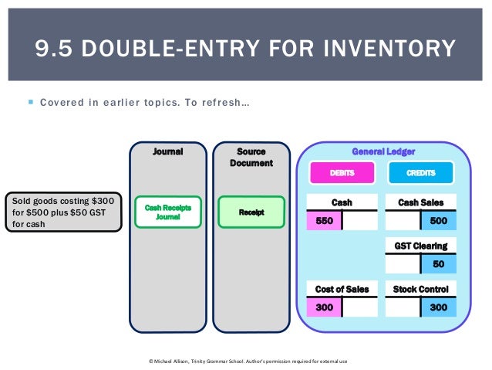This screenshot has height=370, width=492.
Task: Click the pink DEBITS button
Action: pyautogui.click(x=342, y=173)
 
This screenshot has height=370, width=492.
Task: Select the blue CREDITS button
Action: pyautogui.click(x=421, y=173)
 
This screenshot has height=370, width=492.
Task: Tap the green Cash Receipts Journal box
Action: pyautogui.click(x=167, y=212)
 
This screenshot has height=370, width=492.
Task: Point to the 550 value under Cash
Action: pyautogui.click(x=324, y=221)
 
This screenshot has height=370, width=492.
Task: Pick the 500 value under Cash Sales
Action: pyautogui.click(x=438, y=221)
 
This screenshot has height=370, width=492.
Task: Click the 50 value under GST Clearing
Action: pyautogui.click(x=438, y=264)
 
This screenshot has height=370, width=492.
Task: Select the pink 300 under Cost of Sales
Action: pyautogui.click(x=324, y=307)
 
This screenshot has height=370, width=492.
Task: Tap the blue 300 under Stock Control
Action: pyautogui.click(x=438, y=307)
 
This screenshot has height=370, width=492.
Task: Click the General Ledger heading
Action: pyautogui.click(x=382, y=151)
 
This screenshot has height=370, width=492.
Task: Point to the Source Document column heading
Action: pyautogui.click(x=251, y=158)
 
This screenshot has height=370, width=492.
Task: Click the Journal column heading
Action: pyautogui.click(x=167, y=152)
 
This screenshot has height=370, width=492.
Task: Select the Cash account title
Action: pyautogui.click(x=342, y=202)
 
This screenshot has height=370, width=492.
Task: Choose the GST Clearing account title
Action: pyautogui.click(x=420, y=246)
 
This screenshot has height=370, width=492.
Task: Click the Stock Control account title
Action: pyautogui.click(x=420, y=289)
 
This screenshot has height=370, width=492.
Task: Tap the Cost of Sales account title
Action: pyautogui.click(x=342, y=289)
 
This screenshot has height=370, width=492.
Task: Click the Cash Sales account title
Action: pyautogui.click(x=420, y=202)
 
